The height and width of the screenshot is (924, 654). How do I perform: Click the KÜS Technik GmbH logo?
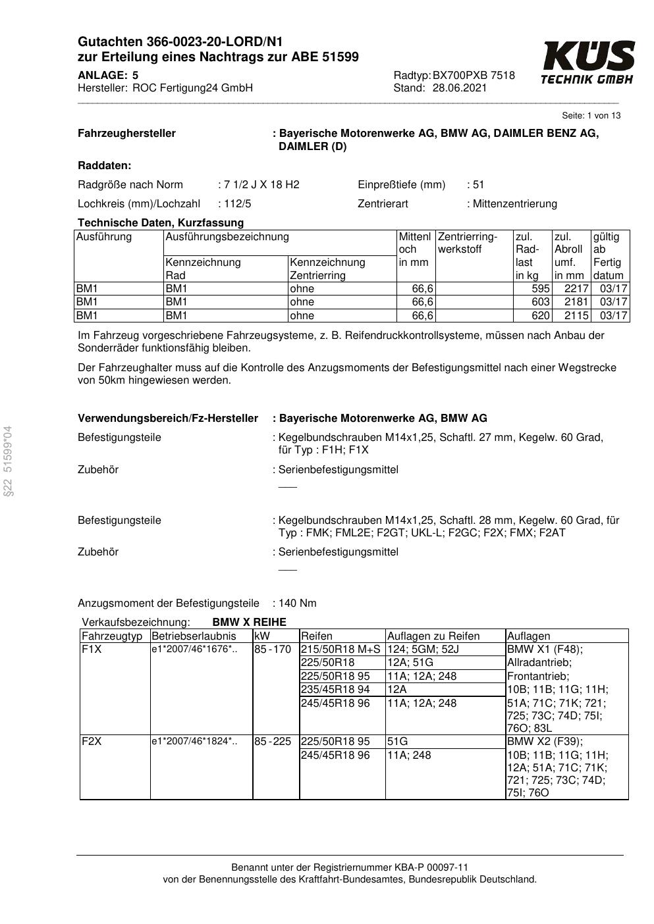[587, 63]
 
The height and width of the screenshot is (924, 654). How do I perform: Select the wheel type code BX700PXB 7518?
[474, 76]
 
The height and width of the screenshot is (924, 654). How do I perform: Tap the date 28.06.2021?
[460, 88]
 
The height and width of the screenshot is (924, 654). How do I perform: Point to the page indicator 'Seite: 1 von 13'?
[591, 116]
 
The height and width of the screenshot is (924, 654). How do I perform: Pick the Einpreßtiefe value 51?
[478, 185]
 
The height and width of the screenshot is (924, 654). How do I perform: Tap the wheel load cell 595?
[540, 289]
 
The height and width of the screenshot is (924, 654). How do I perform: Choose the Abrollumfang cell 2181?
[577, 302]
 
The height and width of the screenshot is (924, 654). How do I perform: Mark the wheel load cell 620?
[540, 316]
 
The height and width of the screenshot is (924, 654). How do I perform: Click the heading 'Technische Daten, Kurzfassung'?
[161, 223]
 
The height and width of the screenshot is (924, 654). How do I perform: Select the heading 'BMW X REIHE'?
[250, 623]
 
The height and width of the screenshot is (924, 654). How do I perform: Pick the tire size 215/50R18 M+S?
[341, 650]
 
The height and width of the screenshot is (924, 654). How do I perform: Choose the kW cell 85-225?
[273, 742]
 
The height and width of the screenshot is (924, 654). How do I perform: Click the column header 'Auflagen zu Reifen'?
[433, 636]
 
